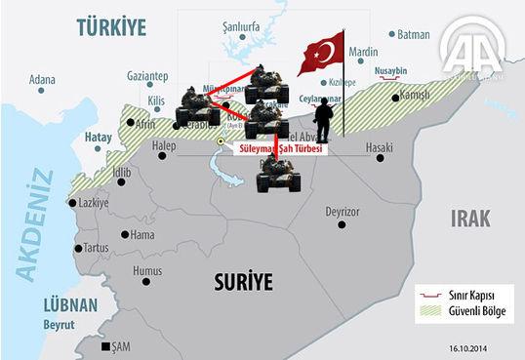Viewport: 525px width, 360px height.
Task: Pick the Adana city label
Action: click(x=42, y=79)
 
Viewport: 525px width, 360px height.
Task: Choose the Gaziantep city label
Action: click(x=147, y=75)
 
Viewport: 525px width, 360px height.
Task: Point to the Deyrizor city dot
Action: click(x=341, y=224)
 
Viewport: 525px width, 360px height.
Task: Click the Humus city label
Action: click(x=146, y=270)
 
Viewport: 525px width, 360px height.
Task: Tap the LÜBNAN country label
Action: click(x=71, y=305)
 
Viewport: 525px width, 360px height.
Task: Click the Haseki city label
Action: click(x=378, y=147)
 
